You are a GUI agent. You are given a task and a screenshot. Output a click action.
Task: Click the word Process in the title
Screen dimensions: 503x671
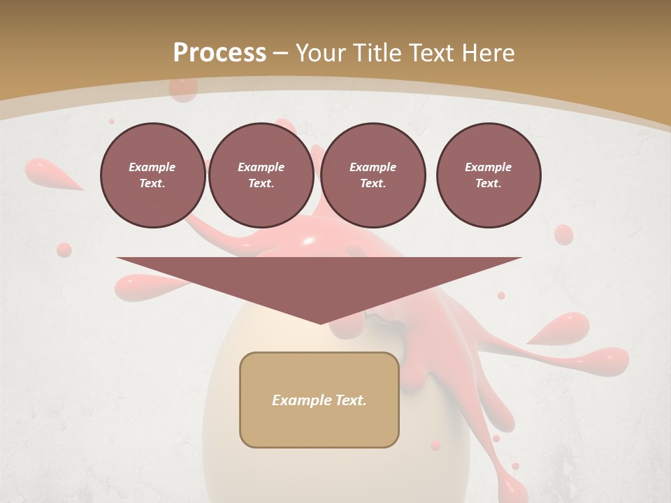pos(219,53)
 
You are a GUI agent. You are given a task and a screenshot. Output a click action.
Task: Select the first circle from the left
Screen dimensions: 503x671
pos(152,175)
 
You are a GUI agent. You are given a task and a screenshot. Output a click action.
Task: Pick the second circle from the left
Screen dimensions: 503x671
pos(261,175)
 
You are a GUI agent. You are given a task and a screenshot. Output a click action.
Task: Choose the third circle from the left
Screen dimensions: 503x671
pos(373,175)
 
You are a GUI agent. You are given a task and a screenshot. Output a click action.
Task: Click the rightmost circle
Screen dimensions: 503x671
pos(489,175)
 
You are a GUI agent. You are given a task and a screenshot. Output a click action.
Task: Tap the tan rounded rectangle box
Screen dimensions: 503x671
pos(319,400)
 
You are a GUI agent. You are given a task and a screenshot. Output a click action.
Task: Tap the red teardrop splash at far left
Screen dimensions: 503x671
pos(49,173)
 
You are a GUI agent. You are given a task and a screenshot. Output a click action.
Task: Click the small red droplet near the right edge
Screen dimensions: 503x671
pos(563,235)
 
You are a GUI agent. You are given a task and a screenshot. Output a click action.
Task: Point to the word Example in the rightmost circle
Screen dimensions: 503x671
pos(488,167)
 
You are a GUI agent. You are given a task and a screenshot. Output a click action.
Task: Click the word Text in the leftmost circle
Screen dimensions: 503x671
pos(152,184)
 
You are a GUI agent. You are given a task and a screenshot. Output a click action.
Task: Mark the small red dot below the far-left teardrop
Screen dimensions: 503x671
pos(64,249)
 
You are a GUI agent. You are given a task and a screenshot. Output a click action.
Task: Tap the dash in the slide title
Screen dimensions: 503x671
pos(280,53)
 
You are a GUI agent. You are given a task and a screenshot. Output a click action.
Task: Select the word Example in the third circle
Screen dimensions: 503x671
pos(373,167)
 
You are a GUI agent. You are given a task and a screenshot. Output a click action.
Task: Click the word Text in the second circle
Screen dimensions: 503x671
pos(261,184)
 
